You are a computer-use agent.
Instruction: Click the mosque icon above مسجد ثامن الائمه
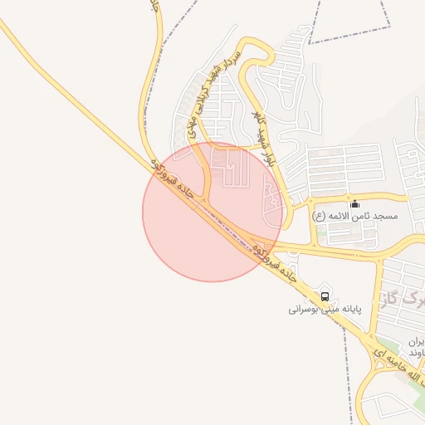[x=355, y=203]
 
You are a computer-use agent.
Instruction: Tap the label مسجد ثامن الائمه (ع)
[x=355, y=216]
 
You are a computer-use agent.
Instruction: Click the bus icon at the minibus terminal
[x=324, y=295]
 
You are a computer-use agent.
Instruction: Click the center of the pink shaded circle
[x=212, y=212]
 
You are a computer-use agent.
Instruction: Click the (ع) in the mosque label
[x=319, y=216]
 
